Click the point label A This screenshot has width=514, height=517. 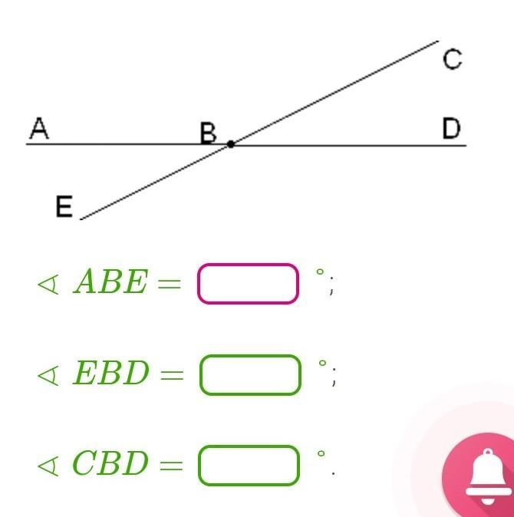click(39, 129)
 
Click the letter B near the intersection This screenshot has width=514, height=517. click(208, 133)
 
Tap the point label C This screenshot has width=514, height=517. click(453, 59)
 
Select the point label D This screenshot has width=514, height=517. click(452, 128)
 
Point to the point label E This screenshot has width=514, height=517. click(64, 206)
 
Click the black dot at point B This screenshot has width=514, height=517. click(230, 143)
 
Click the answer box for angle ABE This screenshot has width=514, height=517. click(248, 284)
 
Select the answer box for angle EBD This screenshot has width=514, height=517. click(250, 374)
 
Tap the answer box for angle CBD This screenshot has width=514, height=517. click(249, 465)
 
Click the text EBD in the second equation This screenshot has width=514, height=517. click(110, 374)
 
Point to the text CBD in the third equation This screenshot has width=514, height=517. click(110, 464)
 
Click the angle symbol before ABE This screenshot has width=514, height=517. click(48, 284)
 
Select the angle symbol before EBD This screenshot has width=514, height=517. click(48, 374)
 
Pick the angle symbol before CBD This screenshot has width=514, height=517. click(48, 465)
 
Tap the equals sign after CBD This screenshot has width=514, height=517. click(170, 466)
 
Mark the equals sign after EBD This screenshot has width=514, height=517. click(171, 375)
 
